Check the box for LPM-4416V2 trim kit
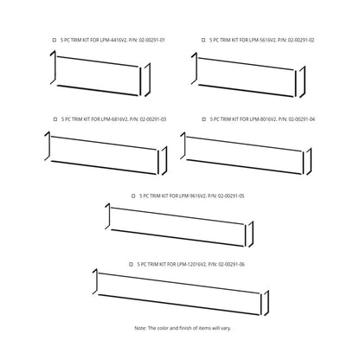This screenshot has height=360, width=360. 55,40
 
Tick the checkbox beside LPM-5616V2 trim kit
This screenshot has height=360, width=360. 202,40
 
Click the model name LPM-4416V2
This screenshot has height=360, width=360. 107,40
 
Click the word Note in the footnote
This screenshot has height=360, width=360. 140,328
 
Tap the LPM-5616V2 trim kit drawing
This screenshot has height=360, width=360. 248,73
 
